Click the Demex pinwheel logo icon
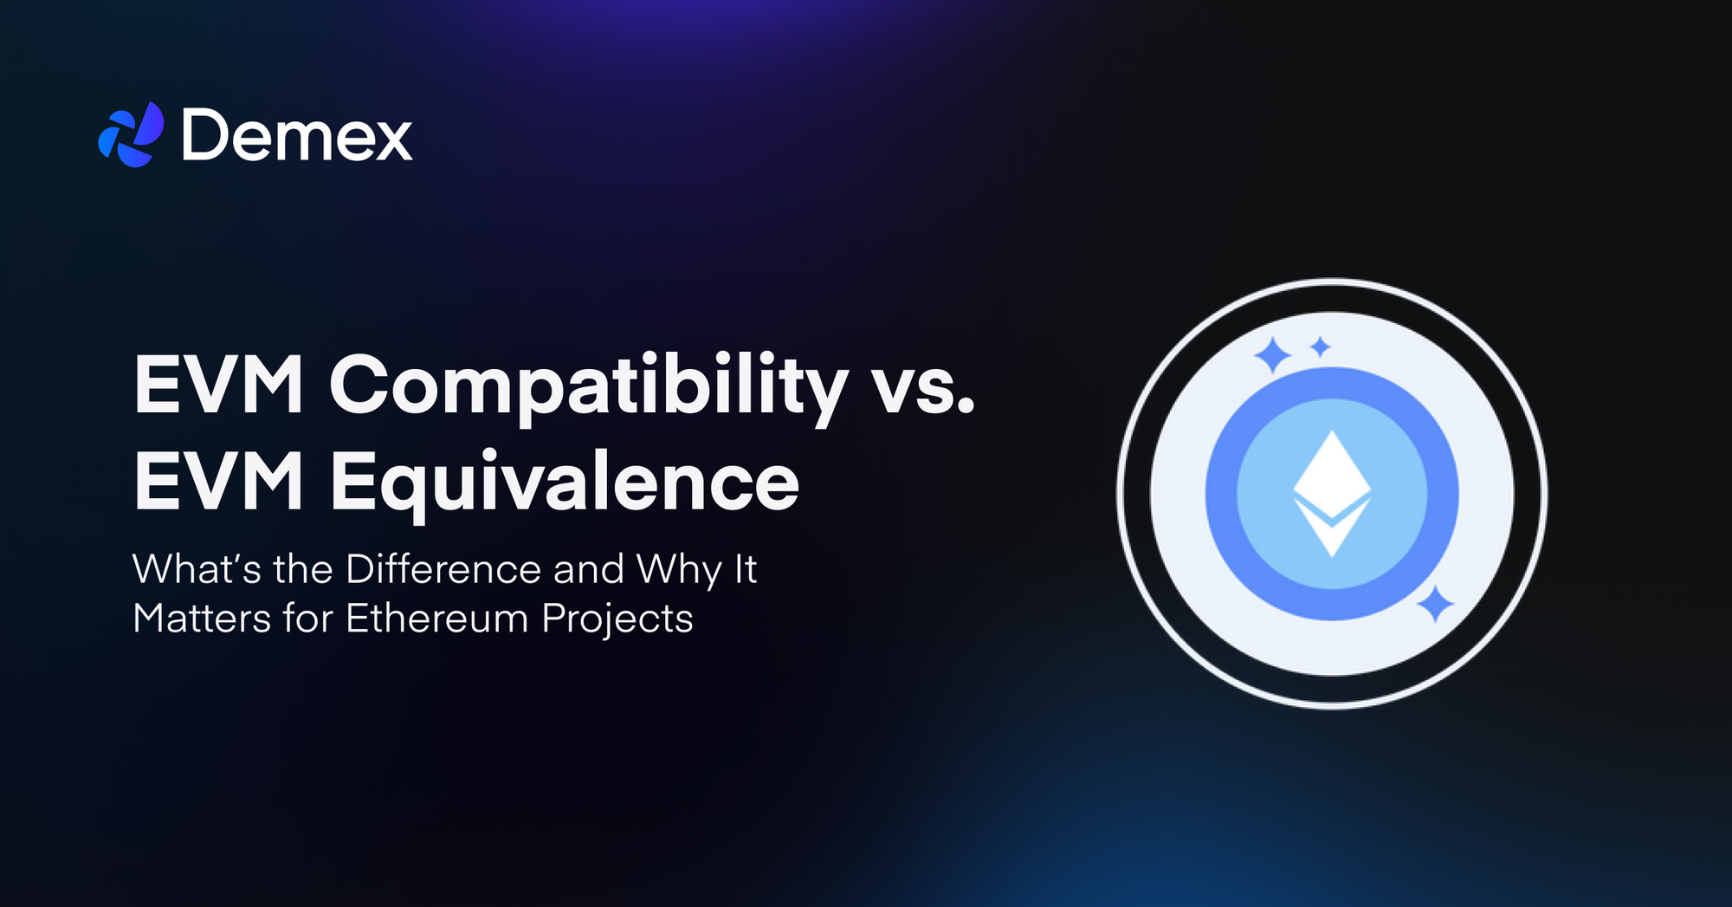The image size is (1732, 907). [x=131, y=135]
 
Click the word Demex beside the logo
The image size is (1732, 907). [x=296, y=136]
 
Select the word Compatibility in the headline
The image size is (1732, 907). [x=588, y=386]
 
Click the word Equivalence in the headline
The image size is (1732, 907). [x=564, y=483]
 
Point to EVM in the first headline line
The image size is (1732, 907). [x=219, y=386]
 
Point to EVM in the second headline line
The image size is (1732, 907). [x=219, y=483]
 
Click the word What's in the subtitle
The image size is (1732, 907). [x=197, y=570]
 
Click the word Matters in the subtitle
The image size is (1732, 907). [x=202, y=619]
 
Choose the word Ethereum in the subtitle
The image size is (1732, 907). [x=436, y=619]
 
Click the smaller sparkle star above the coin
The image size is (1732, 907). [x=1320, y=347]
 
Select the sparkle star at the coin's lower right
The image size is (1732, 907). [x=1435, y=604]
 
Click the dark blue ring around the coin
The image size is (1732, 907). [x=1220, y=494]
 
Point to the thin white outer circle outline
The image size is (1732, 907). [x=1119, y=494]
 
